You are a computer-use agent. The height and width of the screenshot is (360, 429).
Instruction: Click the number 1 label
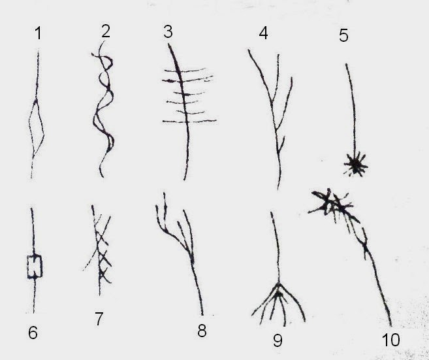(x=39, y=33)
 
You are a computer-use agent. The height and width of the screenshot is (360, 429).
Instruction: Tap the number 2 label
(x=106, y=31)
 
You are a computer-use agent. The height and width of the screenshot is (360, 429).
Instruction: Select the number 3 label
(x=168, y=32)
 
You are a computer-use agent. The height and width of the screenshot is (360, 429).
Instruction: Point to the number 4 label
(x=263, y=33)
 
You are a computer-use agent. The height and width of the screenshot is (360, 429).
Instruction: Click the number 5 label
(x=343, y=35)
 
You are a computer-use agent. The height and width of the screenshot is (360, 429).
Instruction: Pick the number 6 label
(x=33, y=333)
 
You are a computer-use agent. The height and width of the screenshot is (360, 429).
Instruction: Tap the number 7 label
(x=99, y=319)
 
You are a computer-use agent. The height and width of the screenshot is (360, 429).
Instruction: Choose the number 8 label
(x=202, y=331)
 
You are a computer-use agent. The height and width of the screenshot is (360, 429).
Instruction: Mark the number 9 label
(x=278, y=340)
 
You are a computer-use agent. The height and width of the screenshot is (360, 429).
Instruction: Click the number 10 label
(x=390, y=340)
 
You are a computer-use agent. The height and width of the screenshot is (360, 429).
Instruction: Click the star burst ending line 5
(x=356, y=164)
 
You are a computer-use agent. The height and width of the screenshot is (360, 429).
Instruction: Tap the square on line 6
(x=35, y=267)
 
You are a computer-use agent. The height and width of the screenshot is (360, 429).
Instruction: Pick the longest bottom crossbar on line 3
(x=189, y=121)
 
